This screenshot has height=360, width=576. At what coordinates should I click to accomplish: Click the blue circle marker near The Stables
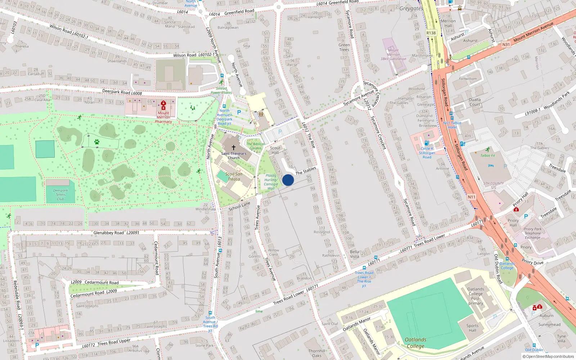click(288, 180)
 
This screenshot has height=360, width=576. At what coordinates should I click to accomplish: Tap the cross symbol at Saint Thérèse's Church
click(233, 148)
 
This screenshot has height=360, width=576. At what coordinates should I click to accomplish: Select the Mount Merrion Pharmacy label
click(163, 117)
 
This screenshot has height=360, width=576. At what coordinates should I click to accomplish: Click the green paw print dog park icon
click(96, 142)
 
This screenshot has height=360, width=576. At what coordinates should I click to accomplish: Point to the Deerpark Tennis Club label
click(60, 195)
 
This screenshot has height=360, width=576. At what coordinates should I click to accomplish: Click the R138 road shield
click(431, 33)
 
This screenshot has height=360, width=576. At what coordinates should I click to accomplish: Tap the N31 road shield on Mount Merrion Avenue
click(506, 45)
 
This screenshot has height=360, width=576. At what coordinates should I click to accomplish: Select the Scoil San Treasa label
click(234, 176)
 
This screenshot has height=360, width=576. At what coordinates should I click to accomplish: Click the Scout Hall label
click(275, 150)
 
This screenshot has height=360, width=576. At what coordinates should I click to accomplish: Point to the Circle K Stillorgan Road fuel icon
click(427, 143)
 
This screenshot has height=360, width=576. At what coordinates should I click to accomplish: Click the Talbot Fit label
click(488, 156)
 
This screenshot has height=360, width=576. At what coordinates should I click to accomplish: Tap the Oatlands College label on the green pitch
click(415, 343)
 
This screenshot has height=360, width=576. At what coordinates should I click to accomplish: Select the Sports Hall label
click(472, 328)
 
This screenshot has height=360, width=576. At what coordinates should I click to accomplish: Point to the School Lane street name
click(239, 207)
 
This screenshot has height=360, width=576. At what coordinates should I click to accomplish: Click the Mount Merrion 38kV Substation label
click(393, 55)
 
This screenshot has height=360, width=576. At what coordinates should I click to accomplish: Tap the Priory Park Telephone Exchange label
click(532, 233)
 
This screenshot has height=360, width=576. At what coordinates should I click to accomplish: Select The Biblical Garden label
click(255, 146)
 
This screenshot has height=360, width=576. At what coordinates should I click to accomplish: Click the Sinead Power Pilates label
click(221, 90)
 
